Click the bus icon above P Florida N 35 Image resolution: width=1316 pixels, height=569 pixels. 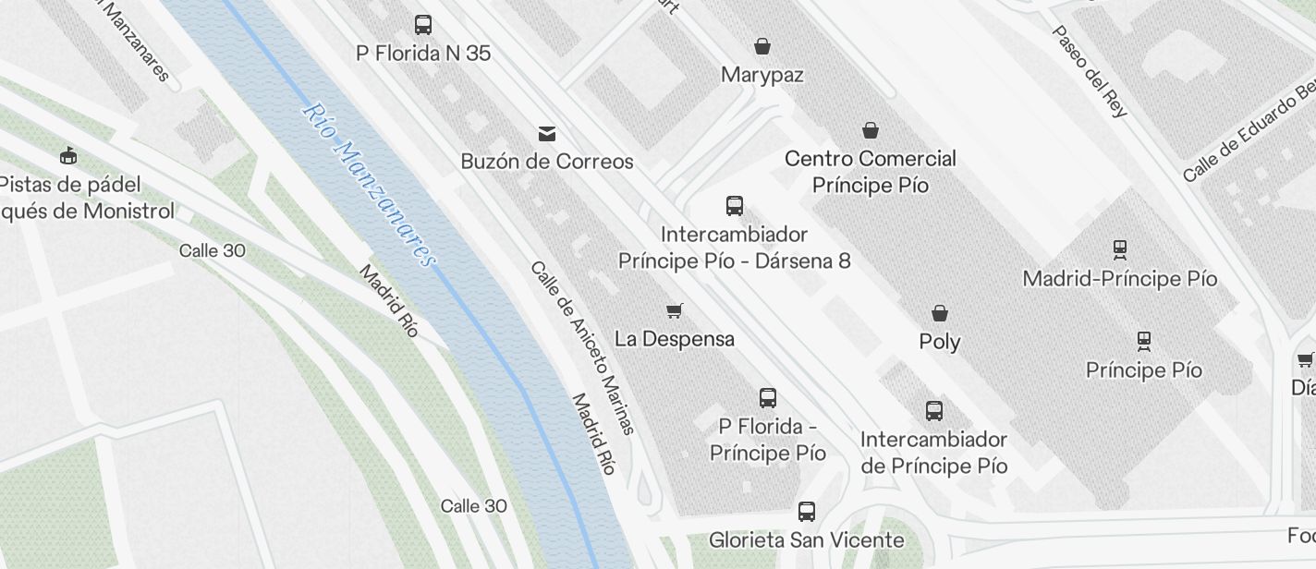click(423, 25)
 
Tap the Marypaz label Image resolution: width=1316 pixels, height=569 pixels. click(762, 75)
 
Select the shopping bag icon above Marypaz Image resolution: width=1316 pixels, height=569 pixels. click(762, 45)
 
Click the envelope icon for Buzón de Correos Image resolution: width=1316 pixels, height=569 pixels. click(547, 134)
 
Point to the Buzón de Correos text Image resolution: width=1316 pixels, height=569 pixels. click(547, 162)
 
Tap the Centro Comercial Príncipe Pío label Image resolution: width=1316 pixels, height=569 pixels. click(870, 172)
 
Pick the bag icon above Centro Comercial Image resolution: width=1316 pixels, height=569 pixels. click(870, 130)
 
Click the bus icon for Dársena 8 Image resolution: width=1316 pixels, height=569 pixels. click(735, 206)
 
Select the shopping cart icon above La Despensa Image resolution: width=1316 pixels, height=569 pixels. click(675, 311)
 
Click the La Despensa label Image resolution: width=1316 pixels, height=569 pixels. click(675, 339)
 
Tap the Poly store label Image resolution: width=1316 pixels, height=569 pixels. click(940, 342)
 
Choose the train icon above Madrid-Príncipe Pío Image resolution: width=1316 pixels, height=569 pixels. click(1120, 249)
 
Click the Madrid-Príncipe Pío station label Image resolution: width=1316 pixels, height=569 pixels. click(1120, 278)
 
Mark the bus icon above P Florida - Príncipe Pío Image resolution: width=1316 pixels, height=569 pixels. click(768, 398)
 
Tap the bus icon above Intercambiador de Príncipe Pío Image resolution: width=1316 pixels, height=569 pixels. click(934, 411)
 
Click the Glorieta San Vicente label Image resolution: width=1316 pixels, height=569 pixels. click(807, 539)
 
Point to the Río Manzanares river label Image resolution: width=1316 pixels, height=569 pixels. click(369, 185)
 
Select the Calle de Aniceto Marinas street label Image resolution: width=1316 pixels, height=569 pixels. click(582, 347)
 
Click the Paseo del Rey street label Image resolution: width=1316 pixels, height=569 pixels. click(1091, 71)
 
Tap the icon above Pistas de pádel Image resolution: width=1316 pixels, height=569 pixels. click(68, 155)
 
